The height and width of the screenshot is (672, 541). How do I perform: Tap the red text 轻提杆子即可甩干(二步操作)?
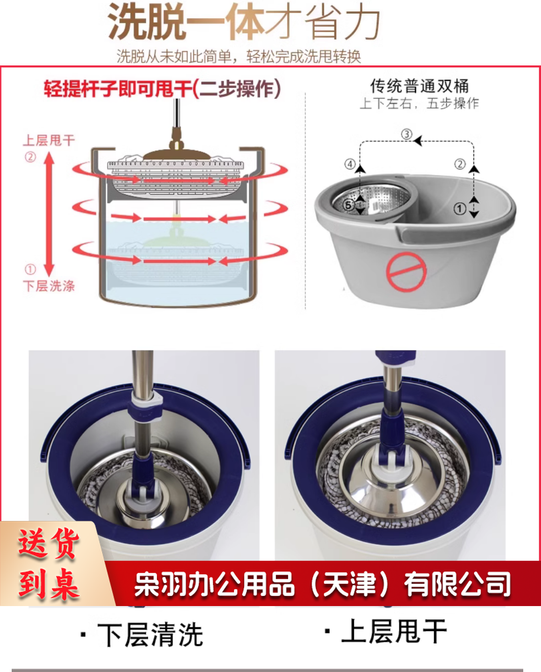point(162,89)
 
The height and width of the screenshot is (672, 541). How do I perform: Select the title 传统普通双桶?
point(420,86)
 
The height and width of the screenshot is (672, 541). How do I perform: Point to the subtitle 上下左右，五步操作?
point(419,103)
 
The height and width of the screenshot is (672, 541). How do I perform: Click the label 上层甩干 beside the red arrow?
point(49,140)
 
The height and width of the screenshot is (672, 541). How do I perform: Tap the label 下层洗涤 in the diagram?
point(49,286)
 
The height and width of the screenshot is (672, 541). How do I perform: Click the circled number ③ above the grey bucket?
point(407,134)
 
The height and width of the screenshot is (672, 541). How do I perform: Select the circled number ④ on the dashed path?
point(350,164)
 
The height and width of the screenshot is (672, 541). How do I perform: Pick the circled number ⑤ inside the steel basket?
point(349,205)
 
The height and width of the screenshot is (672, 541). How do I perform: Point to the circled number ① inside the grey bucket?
point(460,208)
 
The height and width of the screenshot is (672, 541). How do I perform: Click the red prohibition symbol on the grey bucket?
point(407,272)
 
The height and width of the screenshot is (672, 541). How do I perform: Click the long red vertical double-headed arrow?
point(49,214)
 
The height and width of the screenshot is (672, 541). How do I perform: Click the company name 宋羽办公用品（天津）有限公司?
point(322,584)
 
